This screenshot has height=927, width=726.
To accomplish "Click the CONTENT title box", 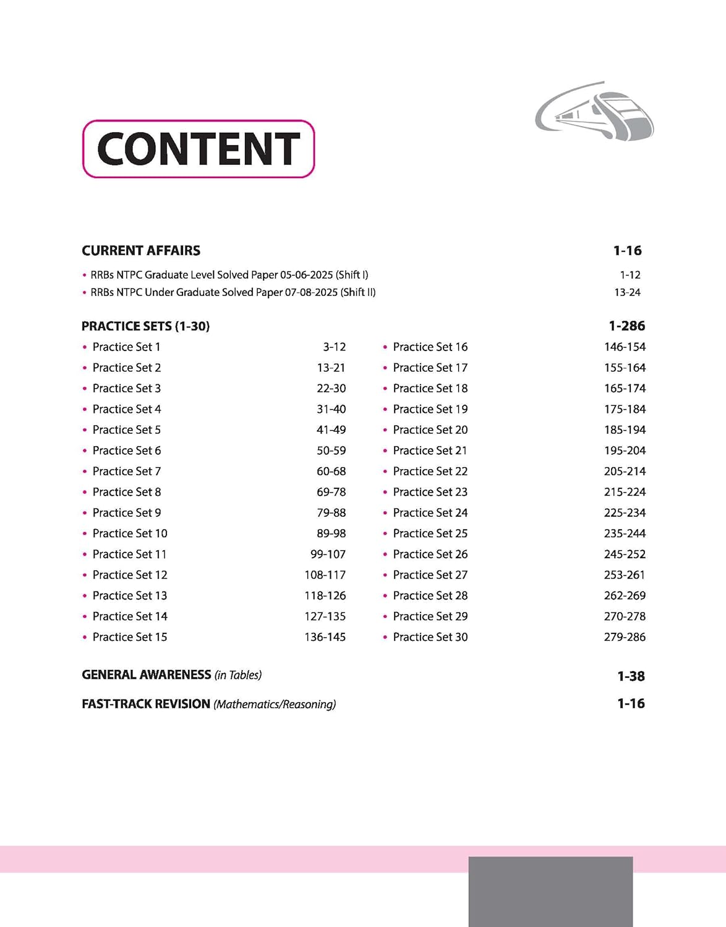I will (199, 149).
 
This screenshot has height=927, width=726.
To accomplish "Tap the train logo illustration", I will (594, 112).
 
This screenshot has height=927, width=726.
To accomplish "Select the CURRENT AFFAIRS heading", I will (141, 251).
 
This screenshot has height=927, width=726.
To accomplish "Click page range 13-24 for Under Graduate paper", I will (627, 292).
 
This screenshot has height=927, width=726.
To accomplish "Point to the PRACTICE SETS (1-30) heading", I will (145, 326).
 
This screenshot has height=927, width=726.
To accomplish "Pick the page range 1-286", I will (626, 326).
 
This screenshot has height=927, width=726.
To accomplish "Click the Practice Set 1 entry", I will (126, 347).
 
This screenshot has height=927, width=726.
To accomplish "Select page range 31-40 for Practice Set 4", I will (331, 409).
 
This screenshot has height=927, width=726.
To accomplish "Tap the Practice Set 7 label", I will (126, 472).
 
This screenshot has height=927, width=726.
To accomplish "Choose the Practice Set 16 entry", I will (430, 347).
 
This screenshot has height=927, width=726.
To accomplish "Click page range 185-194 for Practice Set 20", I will (625, 430).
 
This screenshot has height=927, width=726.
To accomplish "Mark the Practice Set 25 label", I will (430, 533).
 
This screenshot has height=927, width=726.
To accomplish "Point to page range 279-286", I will (625, 637).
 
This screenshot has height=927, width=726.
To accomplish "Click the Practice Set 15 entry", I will (129, 637).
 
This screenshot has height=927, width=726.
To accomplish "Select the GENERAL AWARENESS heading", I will (147, 675).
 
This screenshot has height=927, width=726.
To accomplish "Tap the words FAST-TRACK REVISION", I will (146, 704).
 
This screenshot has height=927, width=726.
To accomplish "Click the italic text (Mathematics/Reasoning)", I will (275, 705).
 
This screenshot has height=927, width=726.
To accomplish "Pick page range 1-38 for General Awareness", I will (631, 677).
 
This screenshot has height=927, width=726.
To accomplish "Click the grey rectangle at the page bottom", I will (550, 891).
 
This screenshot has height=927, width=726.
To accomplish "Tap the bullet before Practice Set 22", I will (385, 472).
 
